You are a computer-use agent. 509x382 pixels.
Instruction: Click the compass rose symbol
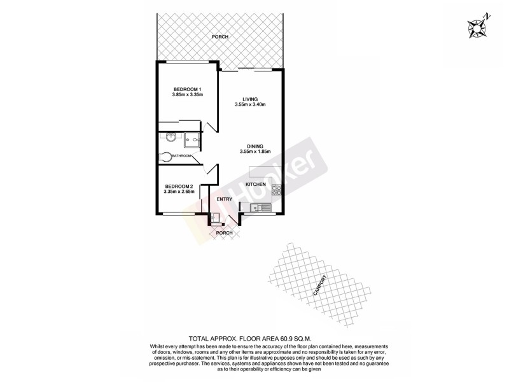pos(477,27)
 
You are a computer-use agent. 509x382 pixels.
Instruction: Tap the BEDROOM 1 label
pos(187,88)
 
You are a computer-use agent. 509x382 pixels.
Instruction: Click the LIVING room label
pos(250,99)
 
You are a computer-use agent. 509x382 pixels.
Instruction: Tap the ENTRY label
pos(224,199)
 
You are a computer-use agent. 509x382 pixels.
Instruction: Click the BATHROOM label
pos(181,156)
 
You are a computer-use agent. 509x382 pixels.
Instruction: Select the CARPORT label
pos(321,286)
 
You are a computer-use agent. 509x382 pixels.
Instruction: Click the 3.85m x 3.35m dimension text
pos(187,95)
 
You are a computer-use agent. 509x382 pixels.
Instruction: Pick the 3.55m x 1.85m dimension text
pos(256,152)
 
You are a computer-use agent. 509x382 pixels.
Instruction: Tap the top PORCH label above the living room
pos(220,37)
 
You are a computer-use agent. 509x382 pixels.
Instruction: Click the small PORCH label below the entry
pos(225,233)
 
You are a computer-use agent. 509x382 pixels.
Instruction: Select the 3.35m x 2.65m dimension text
pos(178,192)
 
